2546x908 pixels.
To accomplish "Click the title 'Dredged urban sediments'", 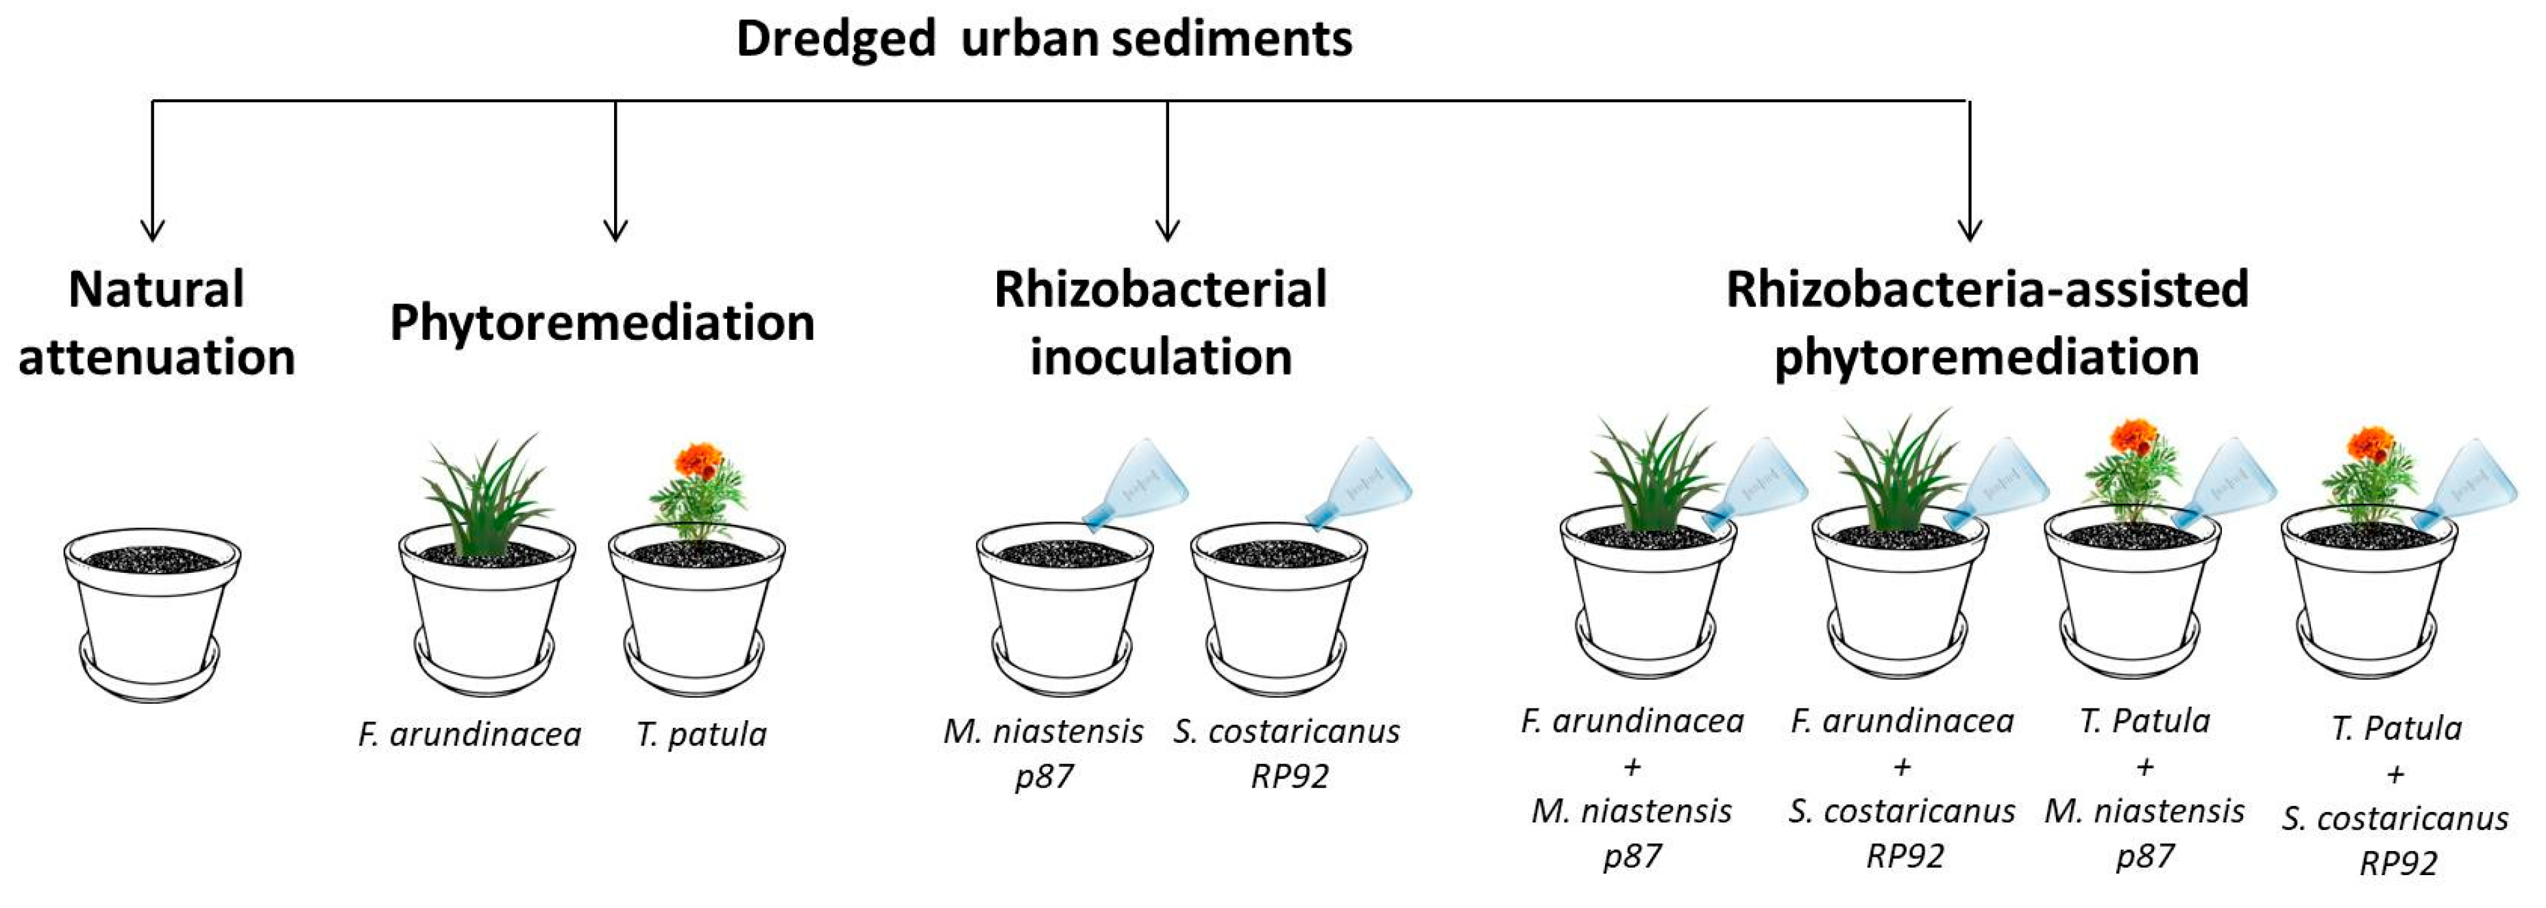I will tap(1044, 40).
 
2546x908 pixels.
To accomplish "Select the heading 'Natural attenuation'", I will tap(156, 323).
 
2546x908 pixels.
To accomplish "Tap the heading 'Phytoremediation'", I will tap(602, 323).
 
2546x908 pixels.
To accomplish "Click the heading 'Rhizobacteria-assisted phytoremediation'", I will tap(1987, 323).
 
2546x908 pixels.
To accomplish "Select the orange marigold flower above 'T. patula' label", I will tap(699, 461).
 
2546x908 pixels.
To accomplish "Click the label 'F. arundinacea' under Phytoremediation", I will tap(469, 734).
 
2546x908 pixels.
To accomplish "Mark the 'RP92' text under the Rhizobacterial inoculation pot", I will tap(1289, 776).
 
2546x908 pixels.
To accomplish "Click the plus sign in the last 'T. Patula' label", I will tap(2395, 774).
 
